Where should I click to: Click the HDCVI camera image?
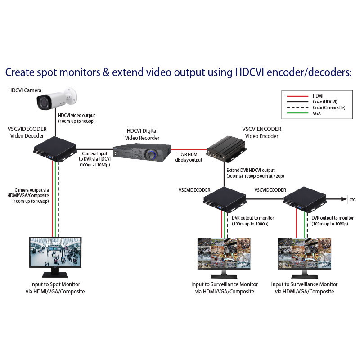(x=56, y=100)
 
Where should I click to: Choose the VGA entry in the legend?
(x=317, y=113)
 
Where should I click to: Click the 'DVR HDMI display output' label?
(x=188, y=157)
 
